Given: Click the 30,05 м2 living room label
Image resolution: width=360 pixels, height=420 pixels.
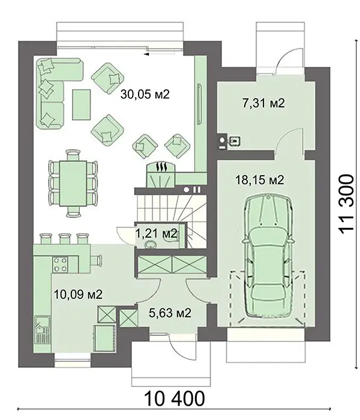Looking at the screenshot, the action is click(x=145, y=94).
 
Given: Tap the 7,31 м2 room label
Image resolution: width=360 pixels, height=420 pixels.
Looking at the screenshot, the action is click(x=263, y=103).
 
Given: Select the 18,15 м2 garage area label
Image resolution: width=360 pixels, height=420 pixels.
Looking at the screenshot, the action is click(x=259, y=180).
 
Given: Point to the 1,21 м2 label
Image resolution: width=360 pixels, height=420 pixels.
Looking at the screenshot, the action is click(x=157, y=233).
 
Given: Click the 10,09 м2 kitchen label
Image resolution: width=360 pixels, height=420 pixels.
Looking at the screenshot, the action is click(x=78, y=295).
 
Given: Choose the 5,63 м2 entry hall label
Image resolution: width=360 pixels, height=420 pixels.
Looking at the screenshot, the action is click(x=170, y=313).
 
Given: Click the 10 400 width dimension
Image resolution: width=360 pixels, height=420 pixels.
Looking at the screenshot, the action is click(x=175, y=398).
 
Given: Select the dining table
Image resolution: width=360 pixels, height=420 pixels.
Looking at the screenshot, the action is click(x=73, y=183).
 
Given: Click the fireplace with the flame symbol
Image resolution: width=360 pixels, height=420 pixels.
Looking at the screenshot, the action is click(x=161, y=175).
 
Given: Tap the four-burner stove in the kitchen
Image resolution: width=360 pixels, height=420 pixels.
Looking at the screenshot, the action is click(x=59, y=265).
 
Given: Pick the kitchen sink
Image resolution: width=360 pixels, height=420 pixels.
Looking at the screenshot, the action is click(x=42, y=330).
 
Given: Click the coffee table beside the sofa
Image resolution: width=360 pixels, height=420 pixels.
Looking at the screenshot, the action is click(x=81, y=105).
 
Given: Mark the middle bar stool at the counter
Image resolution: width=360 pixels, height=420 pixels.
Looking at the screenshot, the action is click(x=64, y=238).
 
